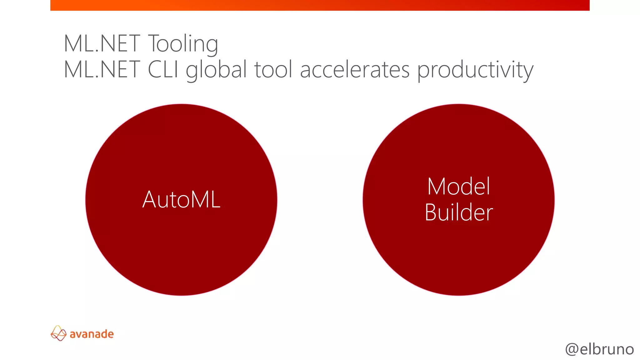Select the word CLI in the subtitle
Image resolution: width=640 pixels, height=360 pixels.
click(163, 70)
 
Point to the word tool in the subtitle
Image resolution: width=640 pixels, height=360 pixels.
click(273, 70)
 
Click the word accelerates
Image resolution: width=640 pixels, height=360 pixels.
click(355, 70)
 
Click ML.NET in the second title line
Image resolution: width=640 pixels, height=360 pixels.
click(102, 70)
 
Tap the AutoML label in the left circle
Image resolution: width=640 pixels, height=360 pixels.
click(181, 200)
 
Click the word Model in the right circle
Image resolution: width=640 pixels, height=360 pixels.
click(459, 187)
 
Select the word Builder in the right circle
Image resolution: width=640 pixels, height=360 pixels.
click(459, 213)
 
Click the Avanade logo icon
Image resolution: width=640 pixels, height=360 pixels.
click(58, 333)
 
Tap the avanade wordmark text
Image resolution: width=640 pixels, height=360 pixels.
click(92, 334)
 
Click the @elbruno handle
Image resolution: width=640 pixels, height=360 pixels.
click(599, 349)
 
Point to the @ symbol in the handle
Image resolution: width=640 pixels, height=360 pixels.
click(572, 349)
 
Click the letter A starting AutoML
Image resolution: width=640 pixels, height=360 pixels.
click(149, 200)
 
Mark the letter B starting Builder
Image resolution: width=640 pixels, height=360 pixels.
click(431, 213)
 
